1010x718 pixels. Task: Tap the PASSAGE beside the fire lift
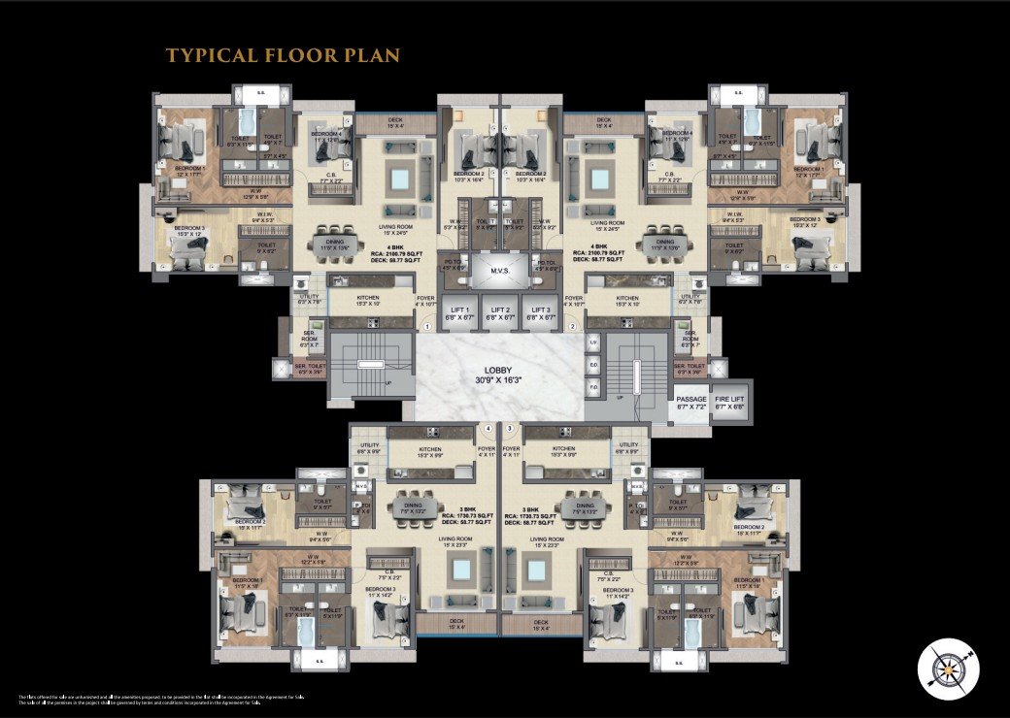[691, 403]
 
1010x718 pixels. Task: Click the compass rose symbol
[947, 669]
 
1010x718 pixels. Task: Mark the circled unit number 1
[426, 327]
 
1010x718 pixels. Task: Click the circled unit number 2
[573, 327]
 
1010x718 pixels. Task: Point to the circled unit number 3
[510, 428]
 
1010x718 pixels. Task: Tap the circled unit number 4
[488, 428]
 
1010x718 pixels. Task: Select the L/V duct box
[593, 343]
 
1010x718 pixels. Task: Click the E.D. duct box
[593, 366]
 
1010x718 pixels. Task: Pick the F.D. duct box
[593, 387]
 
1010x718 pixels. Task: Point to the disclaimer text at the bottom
[146, 700]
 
